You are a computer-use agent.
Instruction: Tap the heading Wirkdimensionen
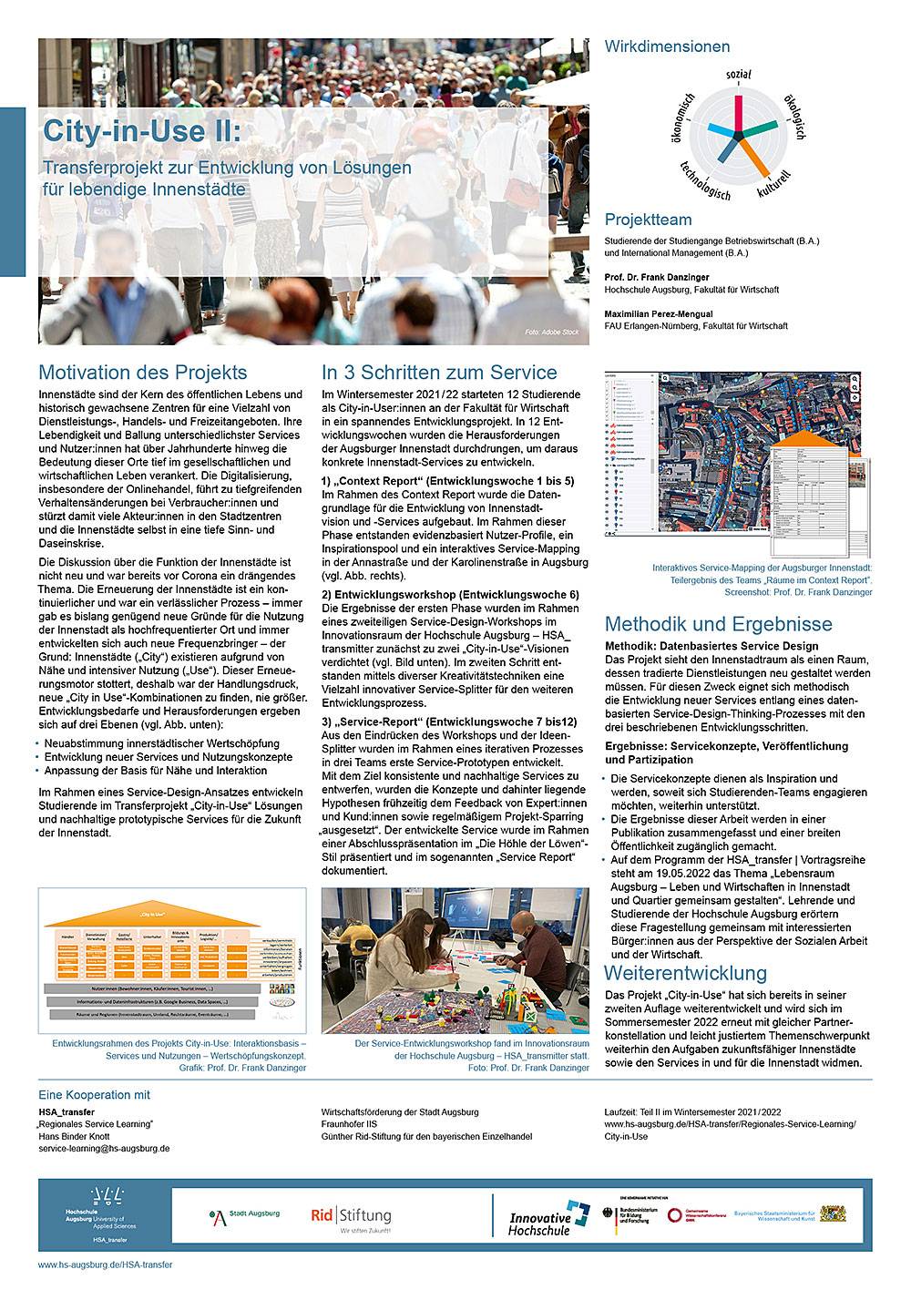tap(667, 46)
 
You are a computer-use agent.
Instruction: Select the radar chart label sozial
tap(738, 73)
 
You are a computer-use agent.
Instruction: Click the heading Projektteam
tap(648, 220)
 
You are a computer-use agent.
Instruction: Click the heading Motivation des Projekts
tap(142, 373)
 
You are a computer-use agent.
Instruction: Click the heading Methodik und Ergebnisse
tap(718, 624)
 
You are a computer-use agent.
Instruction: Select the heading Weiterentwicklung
tap(686, 973)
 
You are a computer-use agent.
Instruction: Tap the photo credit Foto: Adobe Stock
tap(551, 333)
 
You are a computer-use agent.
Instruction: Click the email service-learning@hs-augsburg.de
tap(104, 1149)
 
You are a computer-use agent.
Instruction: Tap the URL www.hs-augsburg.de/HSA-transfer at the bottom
tap(105, 1265)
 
